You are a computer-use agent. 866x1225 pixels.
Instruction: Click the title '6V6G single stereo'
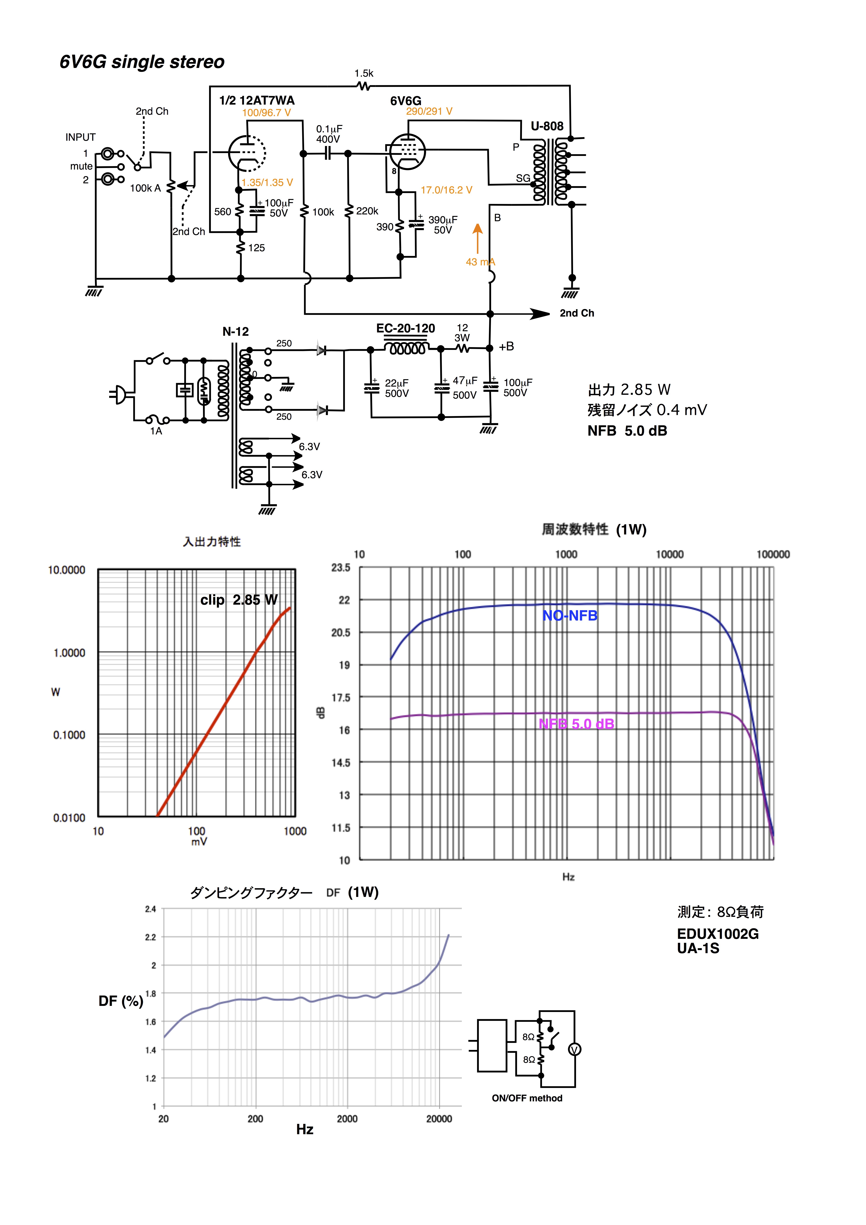(142, 62)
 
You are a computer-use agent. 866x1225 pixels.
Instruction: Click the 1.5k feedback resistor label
(364, 74)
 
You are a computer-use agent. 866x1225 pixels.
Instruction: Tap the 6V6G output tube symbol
(407, 152)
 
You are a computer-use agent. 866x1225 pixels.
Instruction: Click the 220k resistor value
(367, 211)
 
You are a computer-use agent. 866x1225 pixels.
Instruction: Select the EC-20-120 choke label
(406, 328)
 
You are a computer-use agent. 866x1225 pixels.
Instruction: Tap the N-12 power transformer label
(235, 331)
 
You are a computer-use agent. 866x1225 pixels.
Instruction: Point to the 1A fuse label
(156, 431)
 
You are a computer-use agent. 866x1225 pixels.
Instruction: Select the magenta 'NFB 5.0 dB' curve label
(576, 724)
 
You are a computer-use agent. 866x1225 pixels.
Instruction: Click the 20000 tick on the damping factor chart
(439, 1119)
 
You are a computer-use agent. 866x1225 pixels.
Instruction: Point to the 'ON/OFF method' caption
(527, 1098)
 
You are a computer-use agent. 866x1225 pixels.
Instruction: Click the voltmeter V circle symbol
(575, 1050)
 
